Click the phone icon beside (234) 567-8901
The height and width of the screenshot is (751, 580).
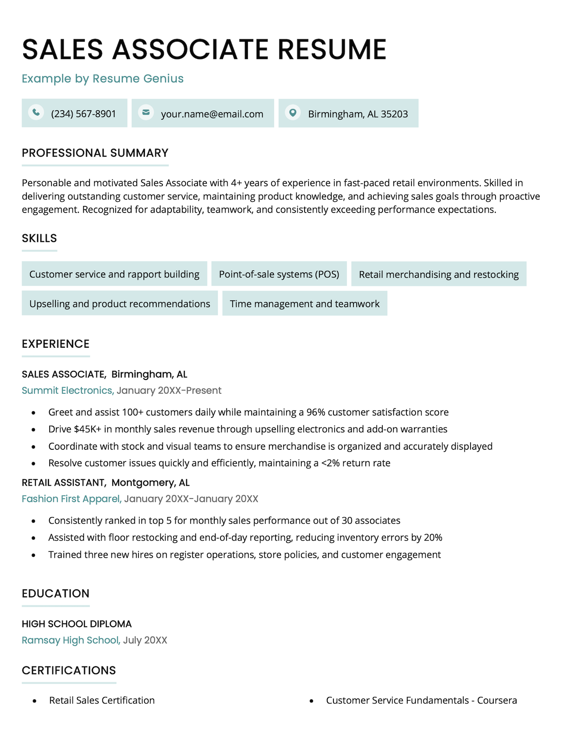pos(36,112)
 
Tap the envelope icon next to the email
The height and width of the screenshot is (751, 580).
pos(146,112)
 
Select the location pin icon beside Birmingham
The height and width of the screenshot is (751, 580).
pos(292,112)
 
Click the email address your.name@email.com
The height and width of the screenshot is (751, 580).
pos(212,114)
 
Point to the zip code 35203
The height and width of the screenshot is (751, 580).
pos(394,114)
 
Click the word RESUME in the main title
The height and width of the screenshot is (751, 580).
pos(332,50)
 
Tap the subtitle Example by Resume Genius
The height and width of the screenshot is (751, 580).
pos(102,78)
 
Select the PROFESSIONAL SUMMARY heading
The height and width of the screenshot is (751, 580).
pos(95,153)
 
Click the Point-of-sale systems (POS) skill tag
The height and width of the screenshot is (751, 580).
pos(279,274)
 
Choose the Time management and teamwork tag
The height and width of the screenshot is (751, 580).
pos(304,304)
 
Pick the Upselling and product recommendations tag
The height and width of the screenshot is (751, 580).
pos(119,304)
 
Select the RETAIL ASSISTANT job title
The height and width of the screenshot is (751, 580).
pos(63,482)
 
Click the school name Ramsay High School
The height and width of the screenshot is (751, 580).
pos(70,640)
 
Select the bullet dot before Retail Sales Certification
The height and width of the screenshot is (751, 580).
pos(35,701)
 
